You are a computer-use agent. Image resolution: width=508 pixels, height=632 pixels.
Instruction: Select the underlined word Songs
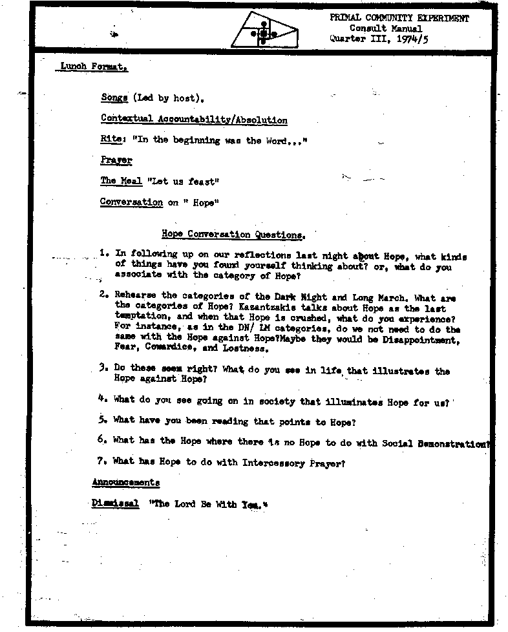[x=114, y=98]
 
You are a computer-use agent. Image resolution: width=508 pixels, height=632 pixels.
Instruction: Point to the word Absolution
[x=262, y=120]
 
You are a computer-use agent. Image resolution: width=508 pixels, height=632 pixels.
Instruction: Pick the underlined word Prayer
[x=116, y=160]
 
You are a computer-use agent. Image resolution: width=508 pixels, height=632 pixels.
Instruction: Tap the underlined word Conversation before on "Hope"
[x=131, y=202]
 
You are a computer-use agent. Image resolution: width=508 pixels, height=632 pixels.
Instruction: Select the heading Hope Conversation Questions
[x=232, y=235]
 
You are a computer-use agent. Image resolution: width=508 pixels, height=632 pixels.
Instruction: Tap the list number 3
[x=103, y=368]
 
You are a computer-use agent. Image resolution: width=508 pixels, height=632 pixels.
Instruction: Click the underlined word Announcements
[x=125, y=483]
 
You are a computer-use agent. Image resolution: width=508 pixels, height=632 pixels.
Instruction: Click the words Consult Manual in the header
[x=386, y=28]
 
